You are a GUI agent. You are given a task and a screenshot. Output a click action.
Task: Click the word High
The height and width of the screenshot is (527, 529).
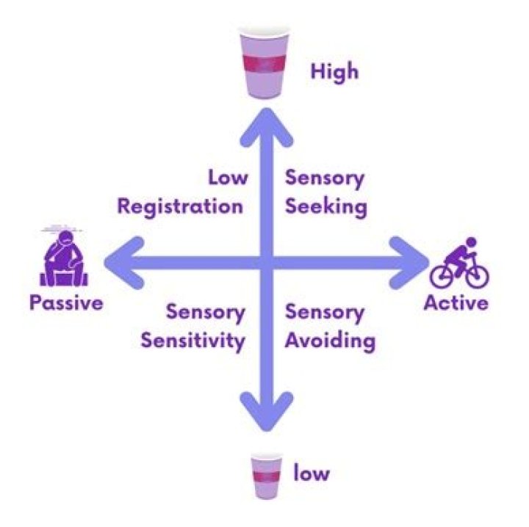tap(334, 73)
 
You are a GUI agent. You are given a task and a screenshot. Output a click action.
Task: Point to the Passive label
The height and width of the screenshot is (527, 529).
tap(66, 302)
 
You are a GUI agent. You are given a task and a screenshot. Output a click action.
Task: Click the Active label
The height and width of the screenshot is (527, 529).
tap(456, 302)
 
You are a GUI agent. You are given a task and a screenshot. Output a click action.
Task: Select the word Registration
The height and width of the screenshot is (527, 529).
tap(180, 206)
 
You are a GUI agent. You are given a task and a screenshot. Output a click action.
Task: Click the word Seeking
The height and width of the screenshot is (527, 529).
tap(325, 206)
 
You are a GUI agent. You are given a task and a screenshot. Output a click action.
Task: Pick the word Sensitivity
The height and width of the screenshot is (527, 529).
tap(192, 341)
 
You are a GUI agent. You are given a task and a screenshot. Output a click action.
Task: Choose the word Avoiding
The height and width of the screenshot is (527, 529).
tap(331, 341)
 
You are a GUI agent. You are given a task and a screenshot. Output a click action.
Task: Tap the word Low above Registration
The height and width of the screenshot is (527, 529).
tap(228, 178)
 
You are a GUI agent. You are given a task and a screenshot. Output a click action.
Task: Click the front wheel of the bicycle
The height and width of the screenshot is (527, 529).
tap(477, 275)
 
